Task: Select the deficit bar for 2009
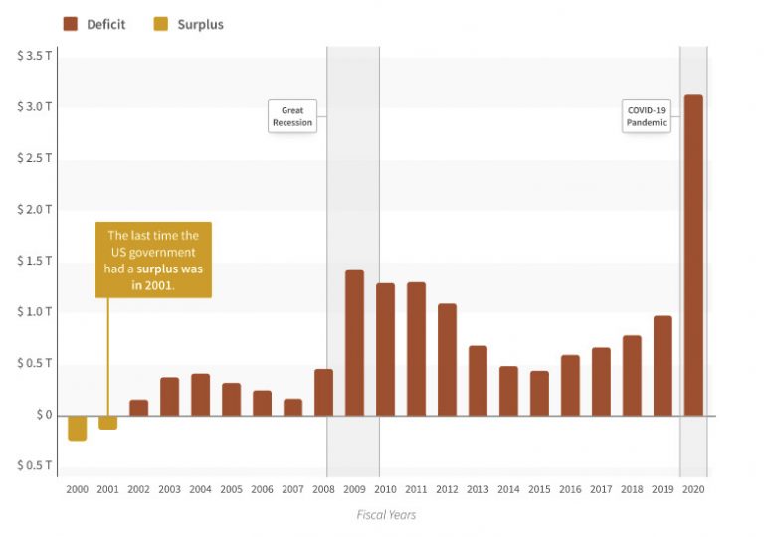(x=354, y=342)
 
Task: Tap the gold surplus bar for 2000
(x=77, y=428)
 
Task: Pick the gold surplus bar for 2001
(x=107, y=423)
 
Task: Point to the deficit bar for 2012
(x=447, y=359)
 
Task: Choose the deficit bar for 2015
(x=539, y=393)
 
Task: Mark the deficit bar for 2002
(x=138, y=408)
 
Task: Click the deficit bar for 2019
(x=663, y=365)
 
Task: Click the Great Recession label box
(x=292, y=116)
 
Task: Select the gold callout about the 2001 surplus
(x=153, y=260)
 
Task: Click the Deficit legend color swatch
(x=70, y=24)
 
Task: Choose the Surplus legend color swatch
(x=161, y=24)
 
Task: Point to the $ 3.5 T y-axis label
(x=35, y=55)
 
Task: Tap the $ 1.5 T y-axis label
(x=35, y=261)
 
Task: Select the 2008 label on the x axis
(x=323, y=489)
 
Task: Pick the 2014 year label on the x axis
(x=508, y=489)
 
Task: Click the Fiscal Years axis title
(x=386, y=515)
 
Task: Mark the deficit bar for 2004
(x=200, y=395)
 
